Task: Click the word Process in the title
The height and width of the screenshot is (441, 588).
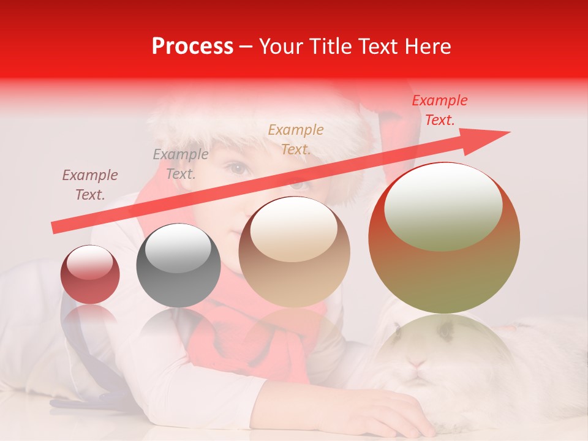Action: [x=192, y=47]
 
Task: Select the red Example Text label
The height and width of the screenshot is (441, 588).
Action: [x=439, y=110]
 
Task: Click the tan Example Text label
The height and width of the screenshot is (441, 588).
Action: [x=295, y=139]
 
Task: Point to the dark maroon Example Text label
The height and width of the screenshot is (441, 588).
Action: [x=90, y=185]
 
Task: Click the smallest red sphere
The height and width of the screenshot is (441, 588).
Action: [x=90, y=274]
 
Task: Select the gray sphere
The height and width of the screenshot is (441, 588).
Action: [x=178, y=265]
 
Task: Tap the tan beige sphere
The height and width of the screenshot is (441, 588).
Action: [x=294, y=252]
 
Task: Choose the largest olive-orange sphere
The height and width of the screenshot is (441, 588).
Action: [x=444, y=238]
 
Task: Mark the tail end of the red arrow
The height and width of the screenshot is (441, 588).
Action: [x=54, y=228]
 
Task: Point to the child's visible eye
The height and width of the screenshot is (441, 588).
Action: [x=237, y=168]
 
